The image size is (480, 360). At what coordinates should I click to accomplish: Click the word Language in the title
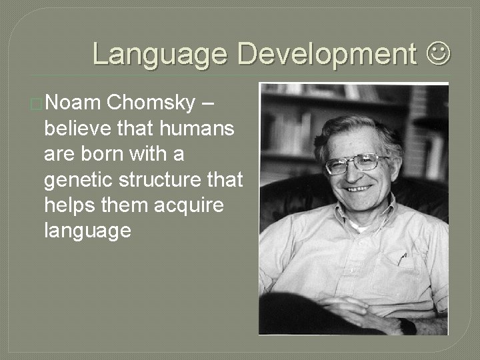161,53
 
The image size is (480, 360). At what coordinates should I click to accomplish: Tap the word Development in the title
327,53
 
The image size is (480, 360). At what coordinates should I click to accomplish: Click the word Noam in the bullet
73,103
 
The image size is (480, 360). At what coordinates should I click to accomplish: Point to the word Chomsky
151,103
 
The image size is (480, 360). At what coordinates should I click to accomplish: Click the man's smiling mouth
360,189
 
